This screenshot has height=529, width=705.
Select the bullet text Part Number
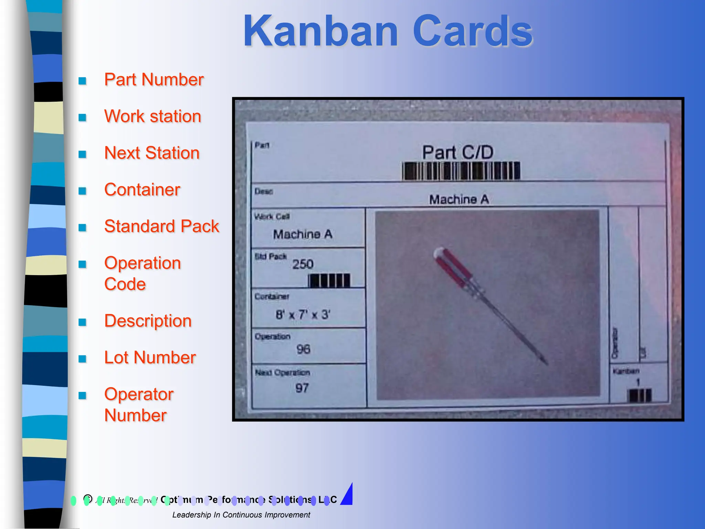click(x=154, y=80)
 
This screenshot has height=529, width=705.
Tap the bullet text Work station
click(x=152, y=116)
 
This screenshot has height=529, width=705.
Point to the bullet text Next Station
click(x=152, y=153)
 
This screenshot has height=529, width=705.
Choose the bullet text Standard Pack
click(x=161, y=226)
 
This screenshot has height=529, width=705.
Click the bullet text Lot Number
click(x=150, y=357)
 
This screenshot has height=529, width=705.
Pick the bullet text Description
click(x=148, y=321)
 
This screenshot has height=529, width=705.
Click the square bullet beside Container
click(x=82, y=191)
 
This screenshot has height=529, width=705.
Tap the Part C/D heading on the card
click(x=458, y=152)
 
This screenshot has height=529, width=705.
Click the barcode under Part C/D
click(x=461, y=171)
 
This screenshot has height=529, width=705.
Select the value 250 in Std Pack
click(x=303, y=264)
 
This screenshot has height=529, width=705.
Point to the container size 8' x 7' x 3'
click(x=303, y=314)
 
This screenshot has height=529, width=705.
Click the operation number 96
click(x=303, y=349)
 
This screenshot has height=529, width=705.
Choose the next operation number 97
click(x=302, y=388)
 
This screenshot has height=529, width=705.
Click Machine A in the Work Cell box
click(x=303, y=235)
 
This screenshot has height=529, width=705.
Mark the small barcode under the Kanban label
click(x=639, y=395)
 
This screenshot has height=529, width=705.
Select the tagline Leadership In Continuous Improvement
click(x=241, y=515)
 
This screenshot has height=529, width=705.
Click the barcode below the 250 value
click(x=329, y=281)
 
